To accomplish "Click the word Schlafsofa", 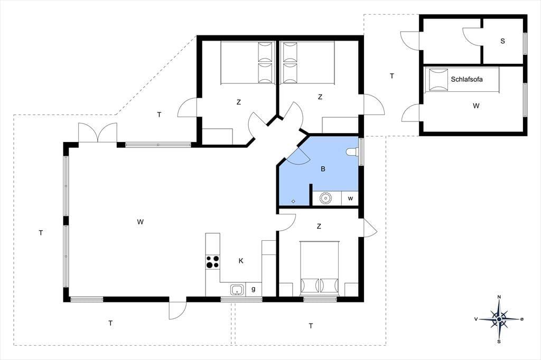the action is tap(467, 79).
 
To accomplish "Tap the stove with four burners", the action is tap(212, 261).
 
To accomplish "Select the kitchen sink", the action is tap(237, 290).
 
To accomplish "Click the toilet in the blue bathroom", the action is tap(352, 151).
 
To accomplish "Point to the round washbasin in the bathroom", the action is tap(325, 198).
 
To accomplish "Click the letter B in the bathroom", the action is tap(323, 169).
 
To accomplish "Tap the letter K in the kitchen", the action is tap(241, 261).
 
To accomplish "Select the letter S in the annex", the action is tap(503, 41).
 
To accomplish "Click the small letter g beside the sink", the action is tap(254, 289).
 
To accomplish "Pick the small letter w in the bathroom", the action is tap(351, 198).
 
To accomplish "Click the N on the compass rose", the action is tap(499, 297).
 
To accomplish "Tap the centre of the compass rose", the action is tap(499, 319).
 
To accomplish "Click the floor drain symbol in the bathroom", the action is tap(294, 201).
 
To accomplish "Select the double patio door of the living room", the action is tap(98, 133).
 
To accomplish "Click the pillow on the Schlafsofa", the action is tap(438, 79).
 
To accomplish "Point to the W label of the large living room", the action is tap(140, 222).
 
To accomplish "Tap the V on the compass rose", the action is tap(476, 319).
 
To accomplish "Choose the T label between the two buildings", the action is tap(392, 76).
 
